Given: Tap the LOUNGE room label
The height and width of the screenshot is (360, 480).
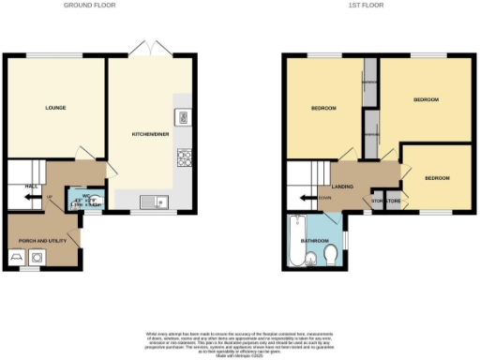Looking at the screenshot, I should [55, 108].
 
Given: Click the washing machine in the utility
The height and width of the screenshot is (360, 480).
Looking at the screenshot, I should [37, 256].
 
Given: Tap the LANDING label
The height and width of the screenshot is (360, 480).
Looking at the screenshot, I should [343, 187].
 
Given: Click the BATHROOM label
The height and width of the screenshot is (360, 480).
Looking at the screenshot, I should [313, 240].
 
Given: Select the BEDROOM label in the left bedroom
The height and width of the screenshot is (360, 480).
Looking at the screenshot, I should [323, 108].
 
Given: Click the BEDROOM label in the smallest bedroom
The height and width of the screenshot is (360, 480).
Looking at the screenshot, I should [436, 177].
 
